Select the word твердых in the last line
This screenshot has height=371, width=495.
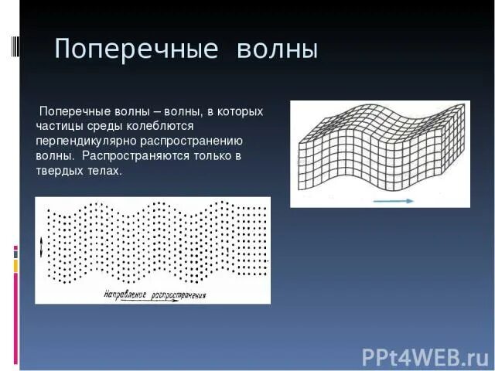tap(60, 171)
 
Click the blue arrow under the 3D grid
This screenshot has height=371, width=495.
tap(394, 199)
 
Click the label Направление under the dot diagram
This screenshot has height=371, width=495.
tap(126, 294)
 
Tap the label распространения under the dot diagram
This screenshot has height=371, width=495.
tap(179, 294)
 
